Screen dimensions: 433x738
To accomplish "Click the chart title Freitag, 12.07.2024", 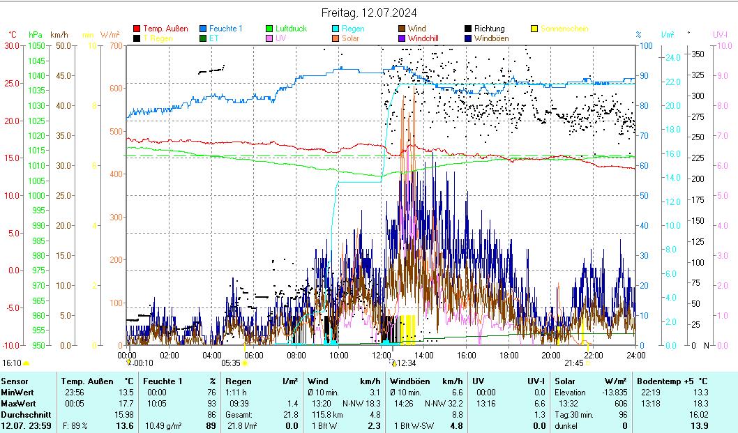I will tap(368, 13).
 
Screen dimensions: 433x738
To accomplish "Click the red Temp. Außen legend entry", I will tap(165, 29).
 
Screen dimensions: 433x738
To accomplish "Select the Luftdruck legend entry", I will tap(292, 29).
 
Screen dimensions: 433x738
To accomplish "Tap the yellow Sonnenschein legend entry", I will tap(564, 29).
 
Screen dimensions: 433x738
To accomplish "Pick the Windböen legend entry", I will tap(491, 38).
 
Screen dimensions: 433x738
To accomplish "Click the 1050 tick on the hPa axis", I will tap(36, 46).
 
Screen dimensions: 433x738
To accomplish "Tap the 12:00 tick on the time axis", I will tap(382, 355).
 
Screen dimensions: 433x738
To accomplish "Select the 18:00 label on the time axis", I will tap(509, 355).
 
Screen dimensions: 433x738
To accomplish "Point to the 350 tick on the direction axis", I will tap(697, 54).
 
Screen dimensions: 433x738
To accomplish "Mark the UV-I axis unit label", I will tap(721, 34).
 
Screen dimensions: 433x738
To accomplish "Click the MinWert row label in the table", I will tap(15, 392).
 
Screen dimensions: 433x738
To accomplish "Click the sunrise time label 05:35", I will tap(231, 363).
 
